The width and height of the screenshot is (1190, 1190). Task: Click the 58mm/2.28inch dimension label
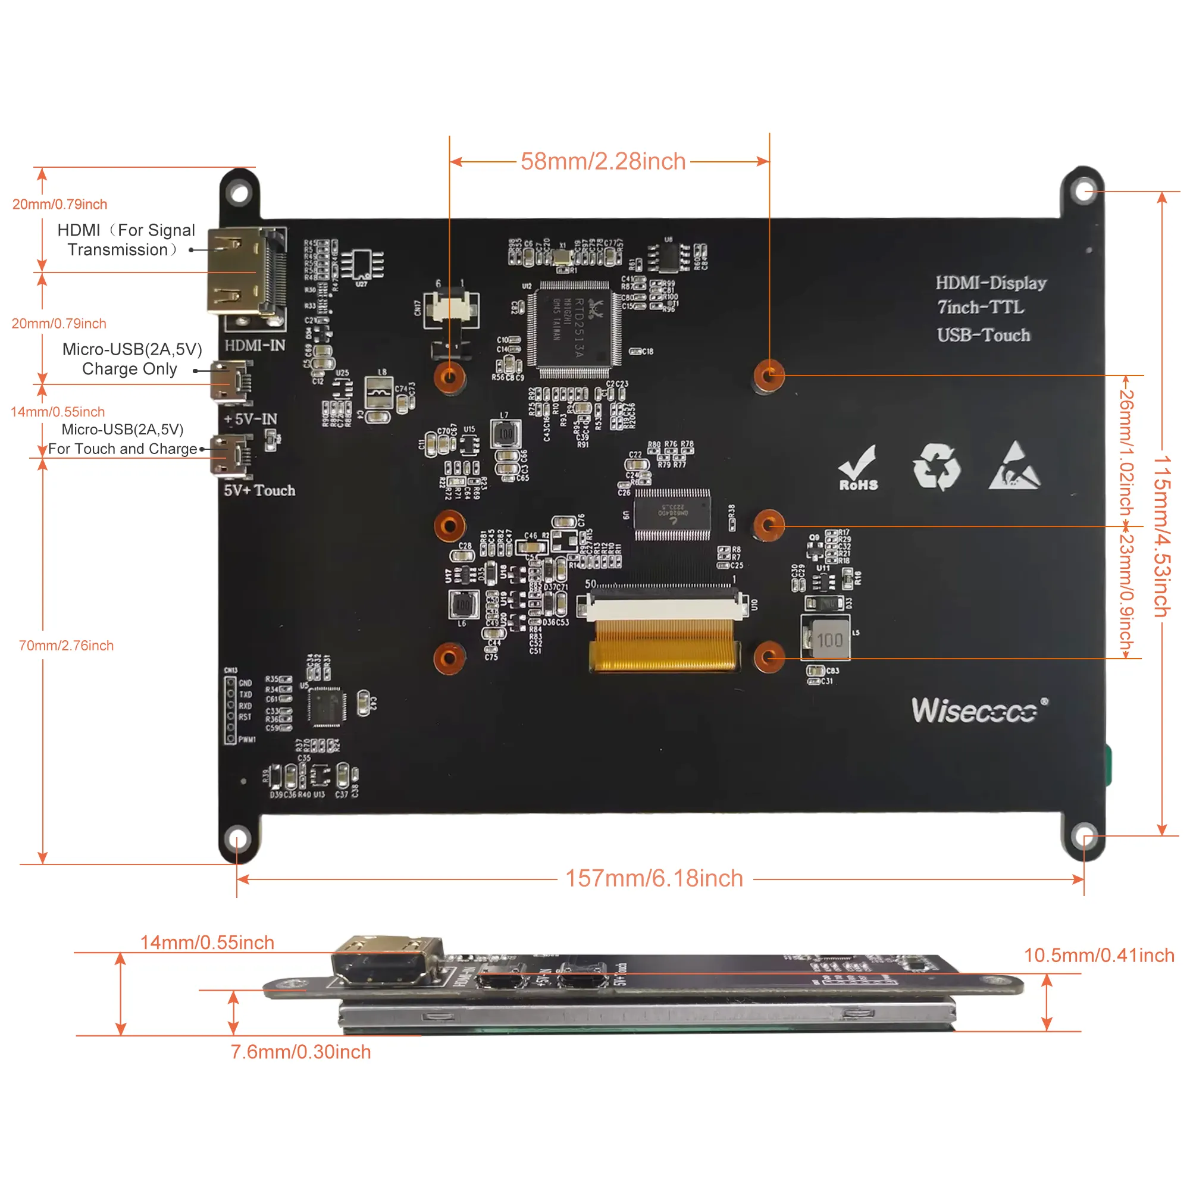click(603, 161)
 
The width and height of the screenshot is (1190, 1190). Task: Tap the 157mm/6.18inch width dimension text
click(654, 878)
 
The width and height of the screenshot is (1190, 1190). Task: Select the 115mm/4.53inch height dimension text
click(1161, 536)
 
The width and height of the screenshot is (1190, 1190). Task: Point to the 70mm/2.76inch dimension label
click(67, 646)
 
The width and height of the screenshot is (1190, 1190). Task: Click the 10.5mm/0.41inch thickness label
click(1099, 956)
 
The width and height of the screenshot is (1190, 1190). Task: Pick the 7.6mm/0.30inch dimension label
click(300, 1052)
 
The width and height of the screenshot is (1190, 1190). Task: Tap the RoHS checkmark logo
click(859, 468)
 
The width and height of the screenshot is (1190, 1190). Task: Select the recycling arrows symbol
click(936, 467)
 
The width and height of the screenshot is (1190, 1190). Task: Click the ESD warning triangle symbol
click(1014, 467)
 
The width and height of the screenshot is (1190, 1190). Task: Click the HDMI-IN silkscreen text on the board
click(255, 346)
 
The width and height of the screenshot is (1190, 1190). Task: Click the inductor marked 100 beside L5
click(829, 641)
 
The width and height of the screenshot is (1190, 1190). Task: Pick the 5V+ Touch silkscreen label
click(259, 491)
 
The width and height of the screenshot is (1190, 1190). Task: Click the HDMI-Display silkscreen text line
click(991, 283)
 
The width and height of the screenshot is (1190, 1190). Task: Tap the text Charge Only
click(129, 369)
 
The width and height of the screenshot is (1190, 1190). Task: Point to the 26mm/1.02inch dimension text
click(1125, 453)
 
